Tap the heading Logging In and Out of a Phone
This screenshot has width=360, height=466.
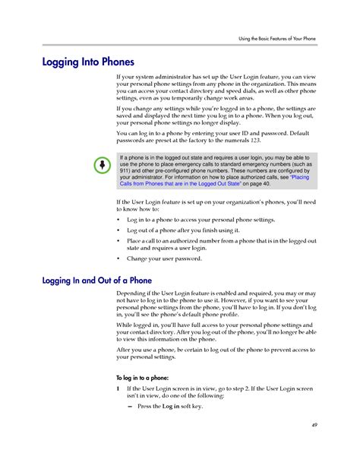click(96, 281)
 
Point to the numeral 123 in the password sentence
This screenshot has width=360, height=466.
click(256, 142)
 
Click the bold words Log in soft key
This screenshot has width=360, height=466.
click(182, 406)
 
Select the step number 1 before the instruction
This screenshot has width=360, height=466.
click(118, 388)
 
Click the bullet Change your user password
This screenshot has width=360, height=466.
click(164, 258)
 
